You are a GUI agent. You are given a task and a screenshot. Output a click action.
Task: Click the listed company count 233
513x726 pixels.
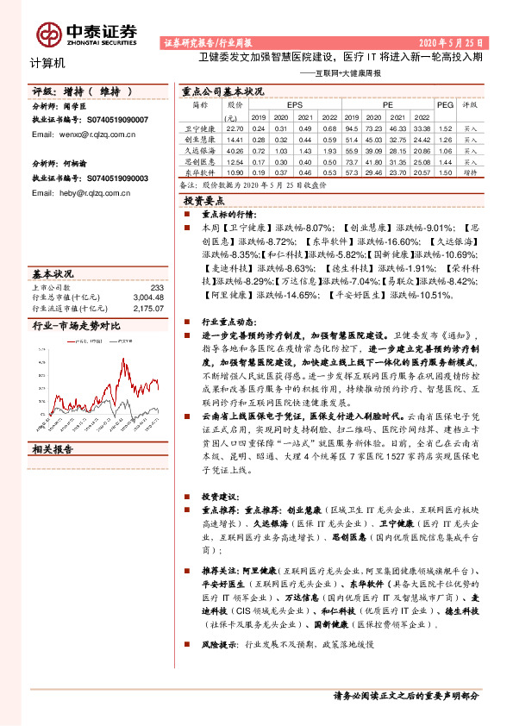pyautogui.click(x=157, y=287)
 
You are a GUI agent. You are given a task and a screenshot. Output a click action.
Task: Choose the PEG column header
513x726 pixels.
pyautogui.click(x=444, y=104)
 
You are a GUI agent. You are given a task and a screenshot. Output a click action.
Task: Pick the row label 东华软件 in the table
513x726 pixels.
pyautogui.click(x=199, y=172)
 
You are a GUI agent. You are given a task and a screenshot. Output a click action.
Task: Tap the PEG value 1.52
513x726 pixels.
pyautogui.click(x=444, y=128)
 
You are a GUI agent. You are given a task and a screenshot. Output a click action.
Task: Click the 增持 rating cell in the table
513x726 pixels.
pyautogui.click(x=470, y=172)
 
